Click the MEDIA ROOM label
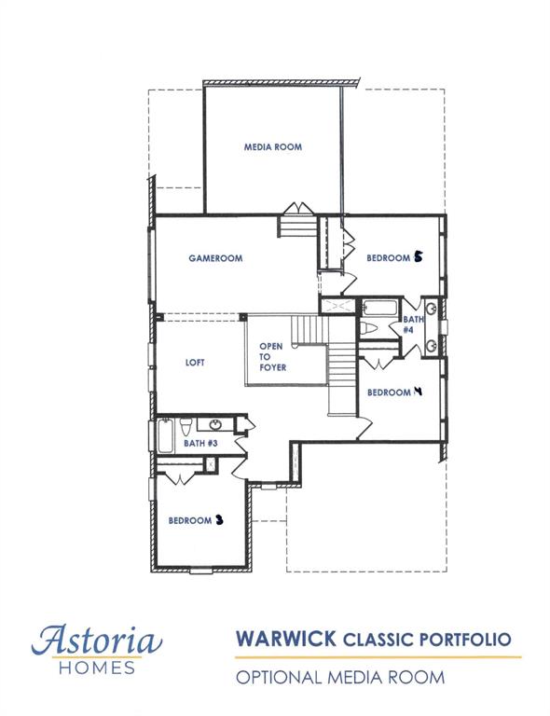[272, 147]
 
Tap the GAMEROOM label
[215, 258]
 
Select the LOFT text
[194, 363]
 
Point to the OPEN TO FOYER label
[271, 356]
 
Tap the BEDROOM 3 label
[196, 520]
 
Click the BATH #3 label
[200, 443]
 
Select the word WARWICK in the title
[286, 640]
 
